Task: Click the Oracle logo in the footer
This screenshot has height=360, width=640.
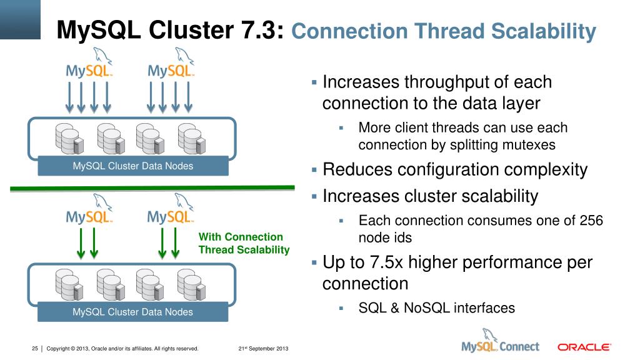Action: tap(584, 347)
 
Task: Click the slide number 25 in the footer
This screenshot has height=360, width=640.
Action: tap(35, 348)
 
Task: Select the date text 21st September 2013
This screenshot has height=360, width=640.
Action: tap(262, 348)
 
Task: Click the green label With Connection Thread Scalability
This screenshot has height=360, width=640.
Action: tap(244, 244)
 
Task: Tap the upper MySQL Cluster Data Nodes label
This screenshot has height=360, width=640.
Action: tap(133, 166)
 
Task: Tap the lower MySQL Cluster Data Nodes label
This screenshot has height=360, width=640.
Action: tap(133, 312)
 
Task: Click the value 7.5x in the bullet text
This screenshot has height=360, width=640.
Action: tap(389, 262)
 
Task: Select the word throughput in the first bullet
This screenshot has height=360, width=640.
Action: tap(444, 82)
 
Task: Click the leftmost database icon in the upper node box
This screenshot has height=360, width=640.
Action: tap(68, 139)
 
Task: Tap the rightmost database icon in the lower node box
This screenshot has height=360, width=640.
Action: tap(191, 284)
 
